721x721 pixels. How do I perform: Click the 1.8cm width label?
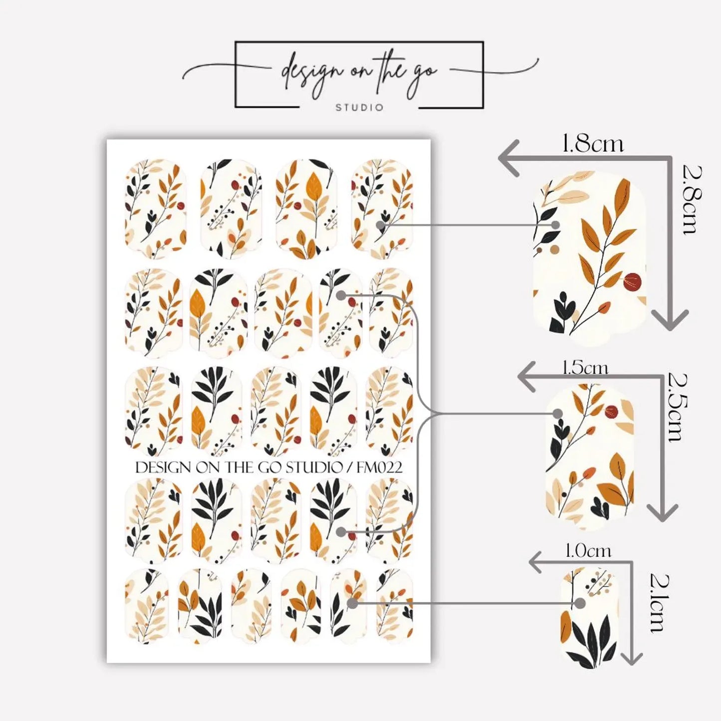tap(593, 144)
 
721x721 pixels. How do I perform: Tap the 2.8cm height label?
tap(691, 200)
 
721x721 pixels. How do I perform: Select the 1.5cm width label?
tap(586, 368)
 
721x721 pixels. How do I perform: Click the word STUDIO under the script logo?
tap(359, 108)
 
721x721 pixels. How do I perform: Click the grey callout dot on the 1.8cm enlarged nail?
tap(556, 225)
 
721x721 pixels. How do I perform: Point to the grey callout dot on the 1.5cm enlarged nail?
tap(557, 414)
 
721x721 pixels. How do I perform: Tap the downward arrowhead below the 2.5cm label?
tap(662, 511)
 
